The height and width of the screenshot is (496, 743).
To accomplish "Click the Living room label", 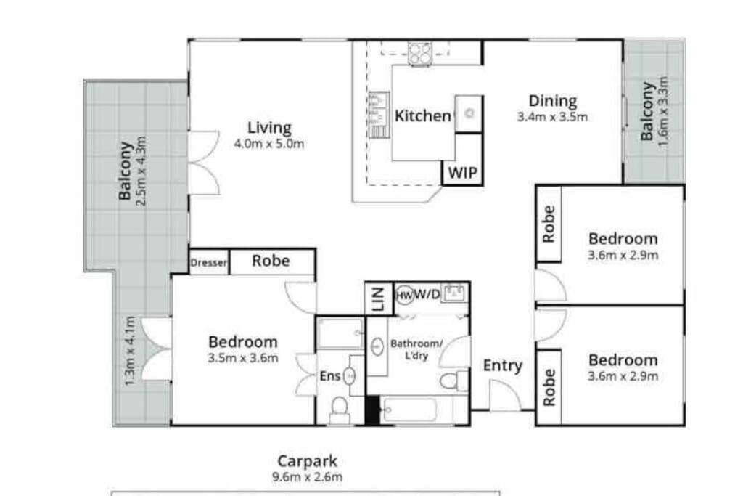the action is click(269, 128).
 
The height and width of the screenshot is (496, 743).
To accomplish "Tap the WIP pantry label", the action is click(462, 173).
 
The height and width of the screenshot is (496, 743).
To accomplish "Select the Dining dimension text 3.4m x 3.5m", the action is click(552, 117).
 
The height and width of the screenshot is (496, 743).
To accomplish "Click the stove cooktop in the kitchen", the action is click(420, 52).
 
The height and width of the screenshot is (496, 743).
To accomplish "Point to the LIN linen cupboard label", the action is click(378, 299).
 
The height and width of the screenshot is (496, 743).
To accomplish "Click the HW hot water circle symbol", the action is click(404, 296).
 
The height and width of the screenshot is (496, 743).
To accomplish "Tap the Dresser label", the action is click(208, 262).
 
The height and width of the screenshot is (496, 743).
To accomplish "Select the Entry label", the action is click(502, 365).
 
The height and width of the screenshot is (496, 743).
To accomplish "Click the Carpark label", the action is click(307, 461).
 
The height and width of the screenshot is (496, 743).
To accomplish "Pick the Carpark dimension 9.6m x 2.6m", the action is click(307, 476).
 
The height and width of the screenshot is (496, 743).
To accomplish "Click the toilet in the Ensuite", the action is click(340, 410).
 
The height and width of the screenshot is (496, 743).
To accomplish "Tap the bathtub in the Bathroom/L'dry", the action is click(411, 410).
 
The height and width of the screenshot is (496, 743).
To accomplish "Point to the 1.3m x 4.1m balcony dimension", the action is click(131, 351).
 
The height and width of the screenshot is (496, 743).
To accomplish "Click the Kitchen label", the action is click(423, 115).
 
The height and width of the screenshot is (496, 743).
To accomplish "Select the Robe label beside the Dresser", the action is click(271, 261).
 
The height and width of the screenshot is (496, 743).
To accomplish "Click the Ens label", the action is click(330, 376).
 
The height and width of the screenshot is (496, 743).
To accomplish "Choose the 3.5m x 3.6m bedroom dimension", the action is click(242, 358).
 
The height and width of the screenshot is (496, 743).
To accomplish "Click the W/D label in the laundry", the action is click(427, 294).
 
